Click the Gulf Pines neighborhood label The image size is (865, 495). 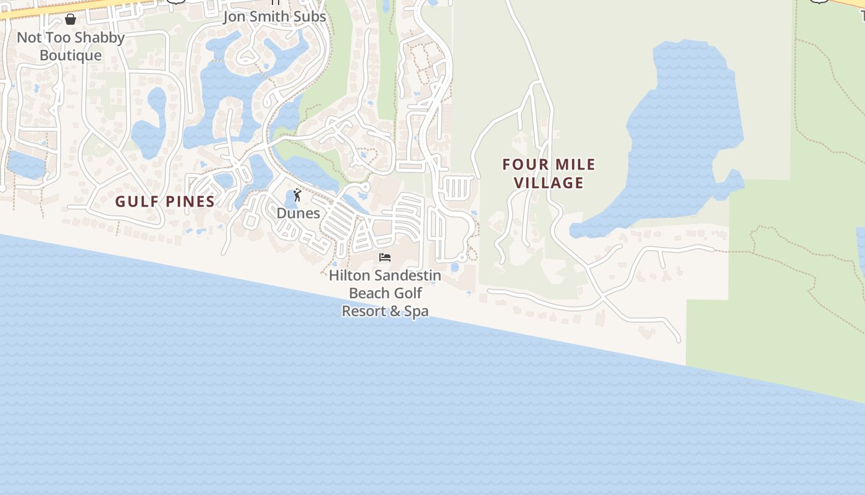[165, 201]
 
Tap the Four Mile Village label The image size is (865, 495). [549, 173]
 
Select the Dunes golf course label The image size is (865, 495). [298, 213]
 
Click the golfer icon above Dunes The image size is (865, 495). [297, 196]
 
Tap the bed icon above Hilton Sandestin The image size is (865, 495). [385, 257]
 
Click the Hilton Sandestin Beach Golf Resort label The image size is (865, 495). [385, 293]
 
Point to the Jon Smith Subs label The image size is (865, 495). [274, 17]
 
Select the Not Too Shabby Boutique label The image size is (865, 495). [70, 46]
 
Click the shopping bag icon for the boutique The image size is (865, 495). [70, 20]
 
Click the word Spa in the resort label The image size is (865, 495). [416, 311]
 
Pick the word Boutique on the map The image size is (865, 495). [70, 56]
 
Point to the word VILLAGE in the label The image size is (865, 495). [549, 183]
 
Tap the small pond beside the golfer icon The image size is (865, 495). [290, 199]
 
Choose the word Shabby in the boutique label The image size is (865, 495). [99, 38]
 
